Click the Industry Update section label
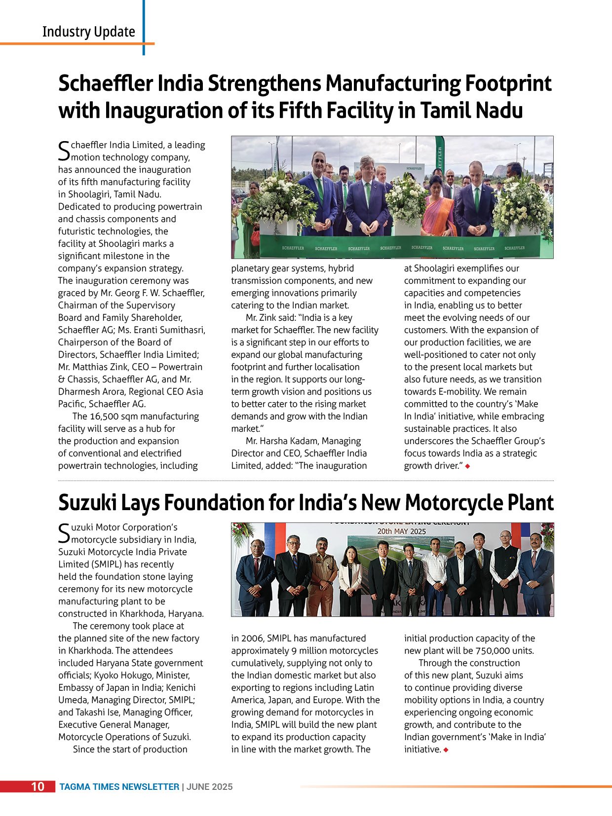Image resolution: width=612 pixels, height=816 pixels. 89,32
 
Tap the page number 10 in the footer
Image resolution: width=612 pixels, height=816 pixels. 38,786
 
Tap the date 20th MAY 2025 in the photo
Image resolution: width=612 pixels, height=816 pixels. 401,531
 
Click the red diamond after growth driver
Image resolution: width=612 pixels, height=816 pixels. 467,466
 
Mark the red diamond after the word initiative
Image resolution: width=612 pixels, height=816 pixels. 446,750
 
